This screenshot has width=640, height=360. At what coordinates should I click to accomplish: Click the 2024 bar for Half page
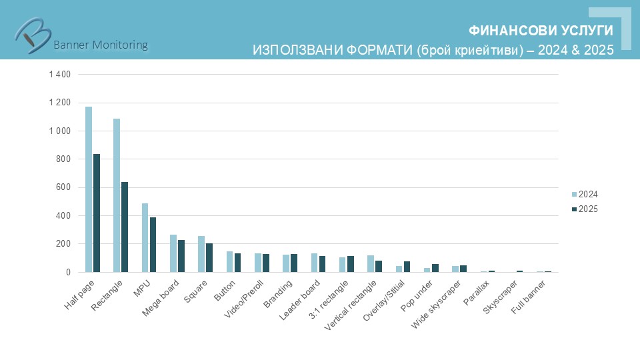coord(89,189)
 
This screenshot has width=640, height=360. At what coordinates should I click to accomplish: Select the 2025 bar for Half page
coord(97,213)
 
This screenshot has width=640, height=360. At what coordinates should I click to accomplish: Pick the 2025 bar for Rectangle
coord(125,227)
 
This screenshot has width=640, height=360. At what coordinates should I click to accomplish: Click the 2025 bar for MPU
coord(153,245)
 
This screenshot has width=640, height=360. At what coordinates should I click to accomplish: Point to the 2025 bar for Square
coord(209,258)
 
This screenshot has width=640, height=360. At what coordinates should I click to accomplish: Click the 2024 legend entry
coord(585,194)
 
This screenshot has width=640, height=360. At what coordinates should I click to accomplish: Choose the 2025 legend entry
coord(585,209)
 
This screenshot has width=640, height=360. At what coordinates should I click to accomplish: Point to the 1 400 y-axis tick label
coord(59,74)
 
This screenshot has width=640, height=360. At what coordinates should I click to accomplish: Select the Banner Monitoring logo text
coord(100,45)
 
